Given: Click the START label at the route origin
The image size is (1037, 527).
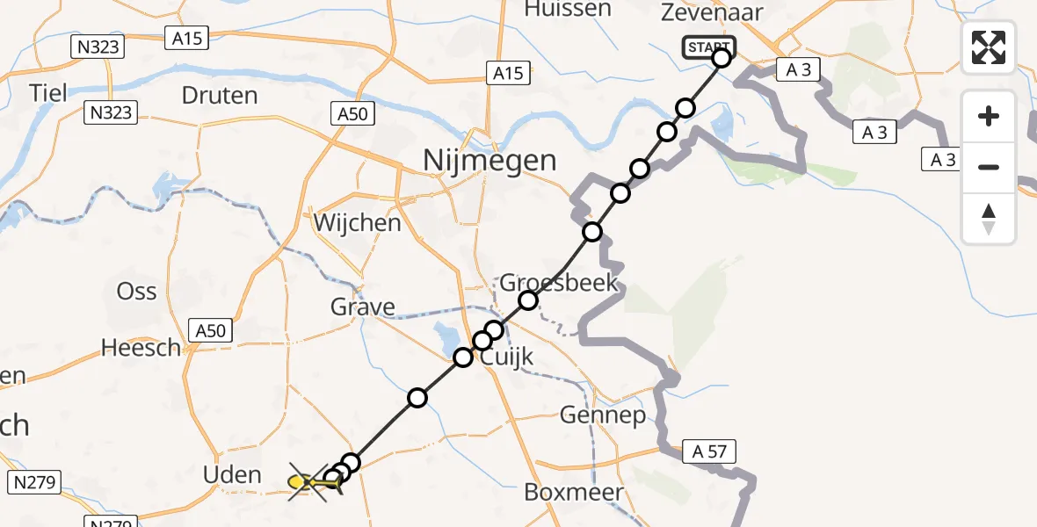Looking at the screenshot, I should (708, 47).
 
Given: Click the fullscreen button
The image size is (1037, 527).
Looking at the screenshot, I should (989, 47).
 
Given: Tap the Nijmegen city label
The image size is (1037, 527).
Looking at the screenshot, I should (489, 161).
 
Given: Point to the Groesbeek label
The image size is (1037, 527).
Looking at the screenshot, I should (559, 283).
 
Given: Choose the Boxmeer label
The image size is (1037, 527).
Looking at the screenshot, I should (574, 492).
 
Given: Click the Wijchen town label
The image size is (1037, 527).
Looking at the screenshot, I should (358, 222).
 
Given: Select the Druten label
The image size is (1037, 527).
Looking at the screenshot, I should (220, 95).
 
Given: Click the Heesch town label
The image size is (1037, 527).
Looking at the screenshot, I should (141, 348).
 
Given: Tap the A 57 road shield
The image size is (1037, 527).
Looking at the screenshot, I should (708, 452).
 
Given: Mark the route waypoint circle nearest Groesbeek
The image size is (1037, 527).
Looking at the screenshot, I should (528, 300).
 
